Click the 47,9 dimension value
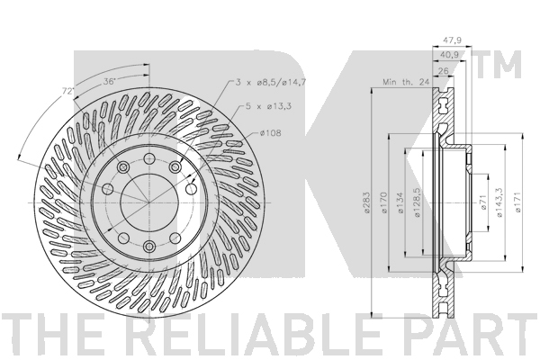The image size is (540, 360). pyautogui.click(x=452, y=40)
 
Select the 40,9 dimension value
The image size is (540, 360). pyautogui.click(x=449, y=55)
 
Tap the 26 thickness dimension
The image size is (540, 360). pyautogui.click(x=445, y=71)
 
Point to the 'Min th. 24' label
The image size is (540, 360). pyautogui.click(x=406, y=82)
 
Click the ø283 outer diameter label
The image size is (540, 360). pyautogui.click(x=366, y=202)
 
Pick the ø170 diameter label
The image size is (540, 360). pyautogui.click(x=384, y=202)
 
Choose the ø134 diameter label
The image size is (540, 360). pyautogui.click(x=400, y=202)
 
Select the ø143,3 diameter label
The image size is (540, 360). pyautogui.click(x=500, y=202)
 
